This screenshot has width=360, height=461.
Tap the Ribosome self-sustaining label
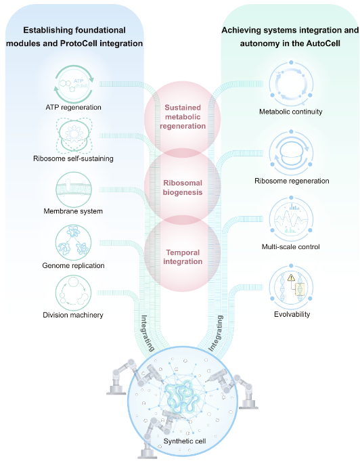(73, 159)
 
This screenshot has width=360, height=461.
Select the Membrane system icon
(74, 190)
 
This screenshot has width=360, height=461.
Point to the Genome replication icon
(74, 243)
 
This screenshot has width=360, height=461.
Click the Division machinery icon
(74, 293)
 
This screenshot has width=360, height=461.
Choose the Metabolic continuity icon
(291, 83)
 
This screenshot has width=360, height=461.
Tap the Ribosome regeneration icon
(291, 153)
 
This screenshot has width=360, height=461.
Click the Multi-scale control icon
(291, 219)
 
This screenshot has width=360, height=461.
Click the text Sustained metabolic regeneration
(183, 116)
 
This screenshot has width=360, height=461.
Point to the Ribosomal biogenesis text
(183, 188)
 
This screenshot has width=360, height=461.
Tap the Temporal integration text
(183, 257)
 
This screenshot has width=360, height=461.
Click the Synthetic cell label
(185, 441)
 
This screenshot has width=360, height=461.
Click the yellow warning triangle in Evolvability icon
(291, 278)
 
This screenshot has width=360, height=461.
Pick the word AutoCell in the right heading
(323, 43)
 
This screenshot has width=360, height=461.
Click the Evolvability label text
(292, 314)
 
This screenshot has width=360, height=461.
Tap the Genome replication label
(73, 266)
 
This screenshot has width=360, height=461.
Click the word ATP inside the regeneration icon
(78, 81)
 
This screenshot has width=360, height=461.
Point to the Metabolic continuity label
(291, 112)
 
